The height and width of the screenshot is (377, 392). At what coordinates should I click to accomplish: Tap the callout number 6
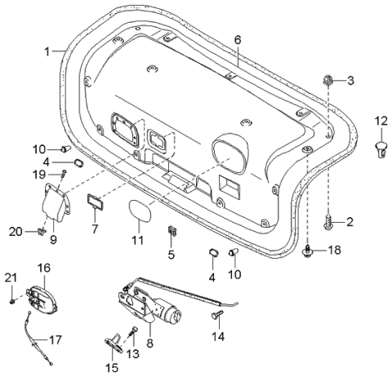(x=238, y=39)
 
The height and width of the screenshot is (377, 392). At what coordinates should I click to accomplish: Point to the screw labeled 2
(x=327, y=220)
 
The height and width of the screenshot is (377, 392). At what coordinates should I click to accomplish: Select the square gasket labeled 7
(x=95, y=201)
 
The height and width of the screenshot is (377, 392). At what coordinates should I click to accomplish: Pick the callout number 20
(x=15, y=233)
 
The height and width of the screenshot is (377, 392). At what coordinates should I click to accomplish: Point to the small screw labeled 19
(x=62, y=175)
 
